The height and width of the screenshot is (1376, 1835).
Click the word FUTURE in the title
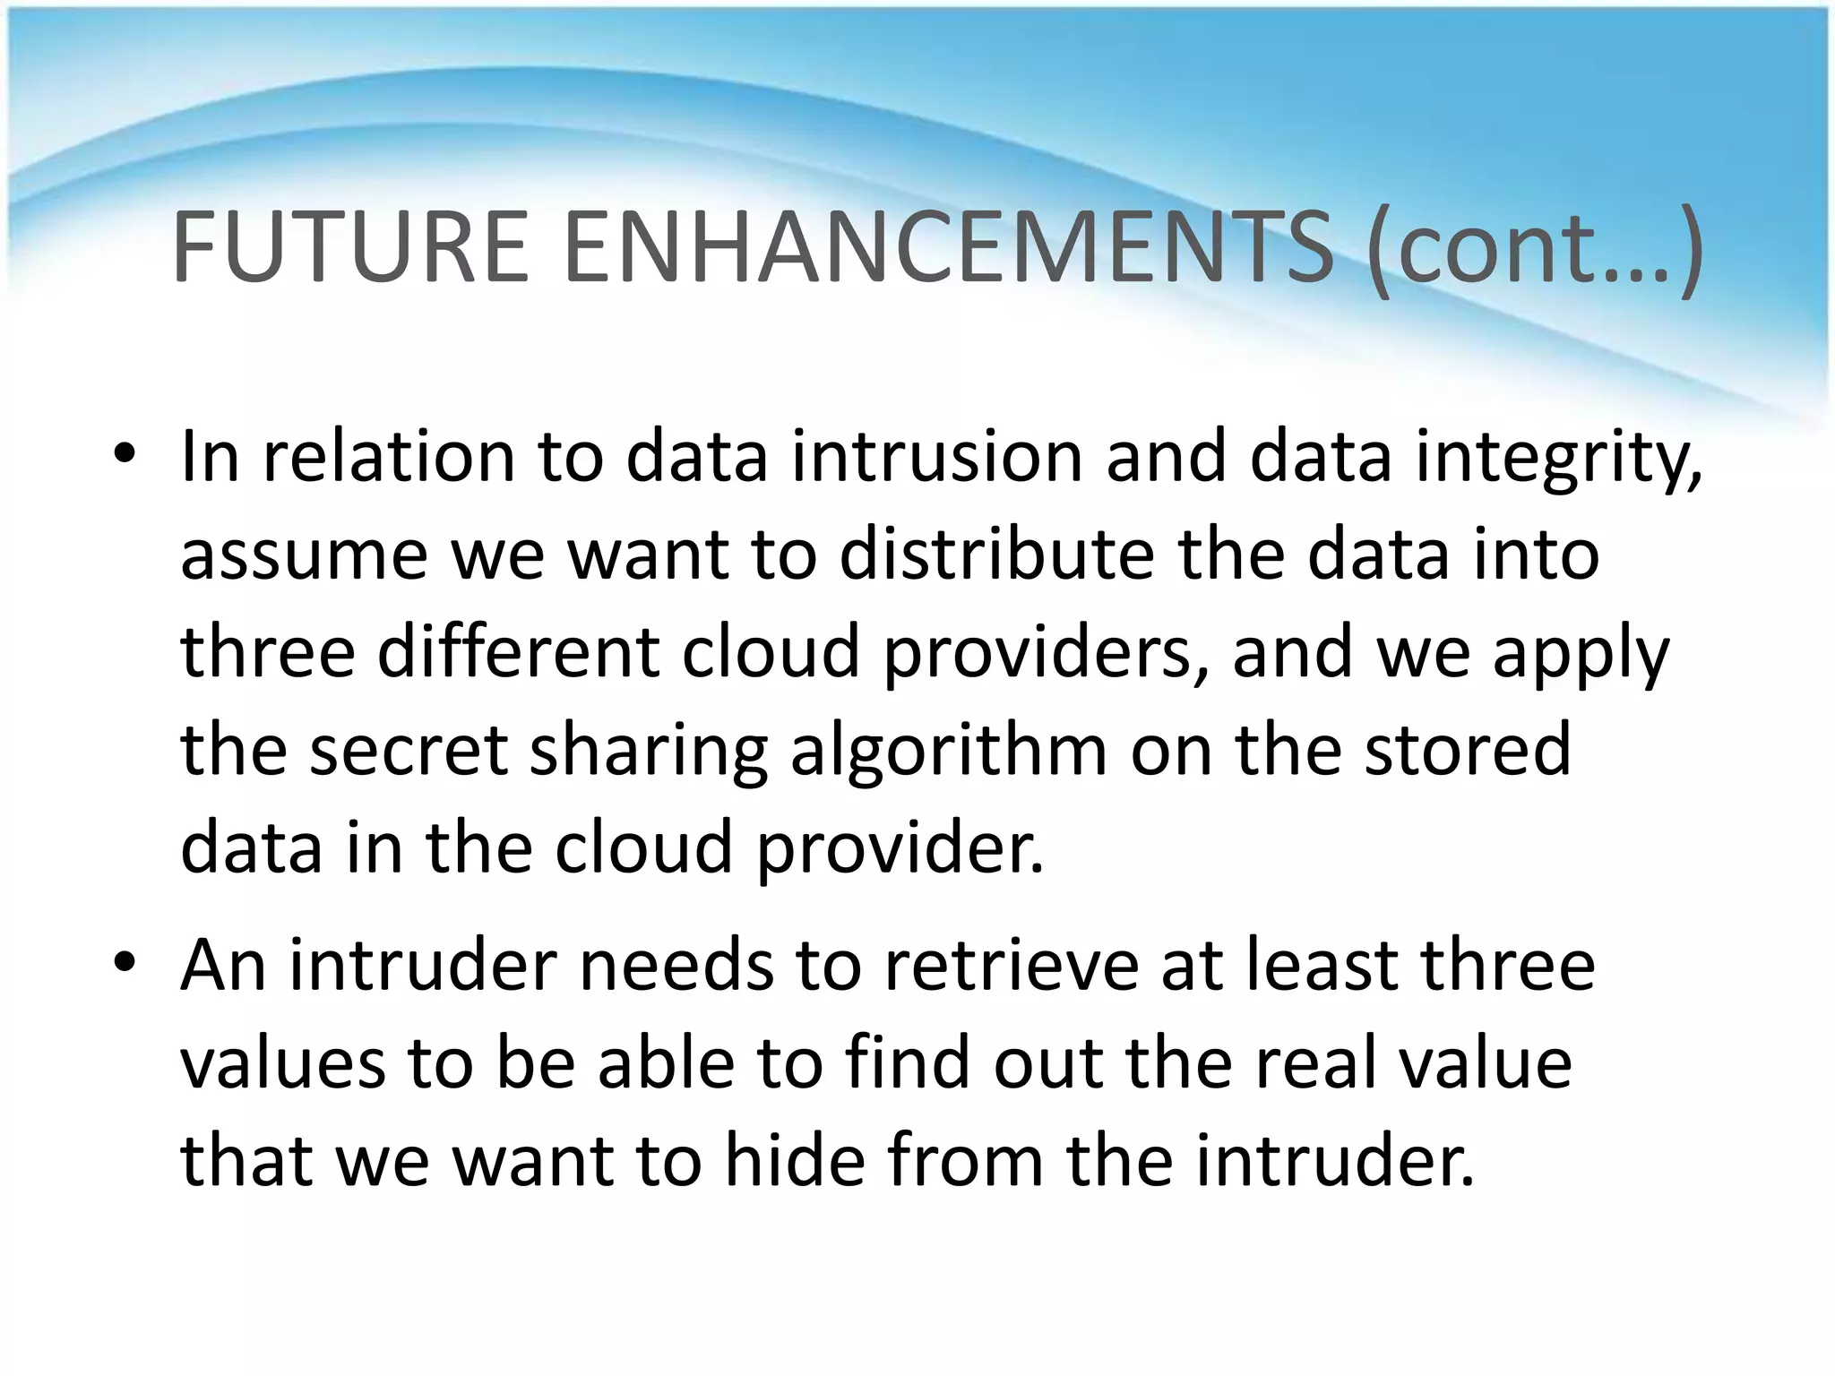point(350,247)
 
